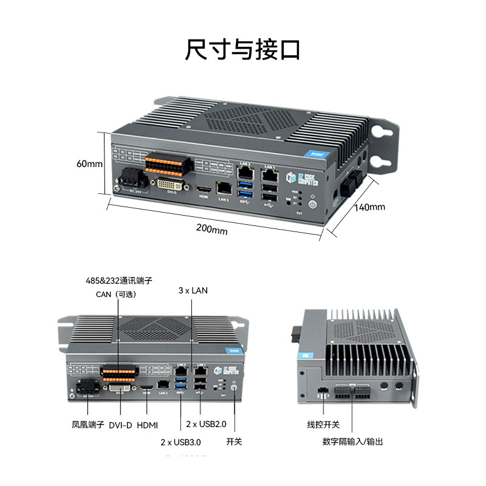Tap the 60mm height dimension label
[x=90, y=163]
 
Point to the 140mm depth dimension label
[x=369, y=207]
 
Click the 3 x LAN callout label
[x=193, y=290]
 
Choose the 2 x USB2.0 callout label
[x=205, y=423]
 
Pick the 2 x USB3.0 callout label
[x=180, y=442]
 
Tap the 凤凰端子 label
[x=88, y=424]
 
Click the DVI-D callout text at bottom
[x=120, y=424]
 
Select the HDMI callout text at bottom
[x=148, y=424]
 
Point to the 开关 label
[x=234, y=442]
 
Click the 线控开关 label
[x=323, y=424]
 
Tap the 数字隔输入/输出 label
[x=353, y=442]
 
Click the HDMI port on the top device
[x=202, y=190]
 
